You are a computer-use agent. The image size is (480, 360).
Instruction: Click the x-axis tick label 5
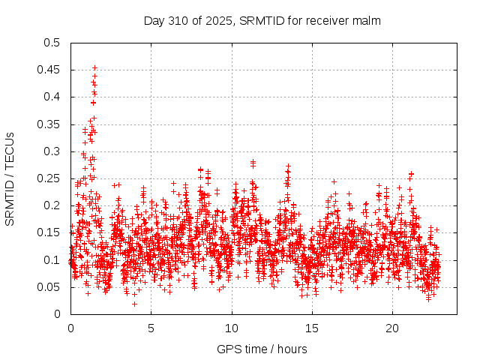tap(151, 328)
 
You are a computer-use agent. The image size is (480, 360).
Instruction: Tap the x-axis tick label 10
tap(232, 328)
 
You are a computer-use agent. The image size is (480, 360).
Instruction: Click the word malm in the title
tap(368, 20)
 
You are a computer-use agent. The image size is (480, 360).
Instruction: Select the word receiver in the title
tap(331, 20)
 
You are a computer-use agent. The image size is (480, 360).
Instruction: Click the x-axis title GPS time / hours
tap(262, 349)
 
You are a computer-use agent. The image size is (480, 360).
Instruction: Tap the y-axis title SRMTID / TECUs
tap(10, 178)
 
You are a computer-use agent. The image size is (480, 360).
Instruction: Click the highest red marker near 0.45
tap(94, 67)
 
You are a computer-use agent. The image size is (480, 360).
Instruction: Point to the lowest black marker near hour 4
tap(134, 304)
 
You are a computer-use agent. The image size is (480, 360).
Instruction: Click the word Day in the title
tap(154, 20)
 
